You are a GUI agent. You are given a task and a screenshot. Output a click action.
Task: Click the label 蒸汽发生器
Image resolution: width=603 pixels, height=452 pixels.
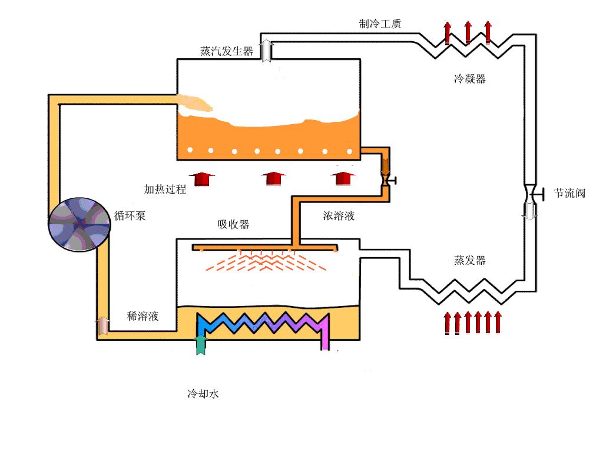(227, 51)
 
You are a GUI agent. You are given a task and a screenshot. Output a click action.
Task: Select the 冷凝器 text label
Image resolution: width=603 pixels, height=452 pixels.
(469, 79)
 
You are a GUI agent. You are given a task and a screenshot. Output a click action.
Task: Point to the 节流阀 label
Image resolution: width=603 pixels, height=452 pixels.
(569, 193)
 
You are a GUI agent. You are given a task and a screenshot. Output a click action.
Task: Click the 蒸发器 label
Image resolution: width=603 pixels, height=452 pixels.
(470, 260)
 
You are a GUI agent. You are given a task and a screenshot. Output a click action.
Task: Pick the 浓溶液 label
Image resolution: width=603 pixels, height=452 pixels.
(339, 215)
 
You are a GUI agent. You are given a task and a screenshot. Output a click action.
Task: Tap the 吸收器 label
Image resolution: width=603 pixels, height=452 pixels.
(233, 224)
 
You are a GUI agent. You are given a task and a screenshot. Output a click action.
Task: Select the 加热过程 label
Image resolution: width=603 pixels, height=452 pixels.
(165, 189)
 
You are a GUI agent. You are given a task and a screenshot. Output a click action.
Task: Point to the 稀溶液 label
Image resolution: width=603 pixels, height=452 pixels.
(143, 316)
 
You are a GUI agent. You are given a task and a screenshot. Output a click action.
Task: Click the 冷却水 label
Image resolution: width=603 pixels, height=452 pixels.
(203, 394)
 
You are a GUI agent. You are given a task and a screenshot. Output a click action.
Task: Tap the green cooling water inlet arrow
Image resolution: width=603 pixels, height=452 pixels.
(201, 344)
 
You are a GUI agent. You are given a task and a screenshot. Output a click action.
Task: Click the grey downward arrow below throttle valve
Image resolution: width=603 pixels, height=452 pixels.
(531, 211)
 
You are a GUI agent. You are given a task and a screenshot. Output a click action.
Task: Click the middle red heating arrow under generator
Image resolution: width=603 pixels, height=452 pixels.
(273, 178)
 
